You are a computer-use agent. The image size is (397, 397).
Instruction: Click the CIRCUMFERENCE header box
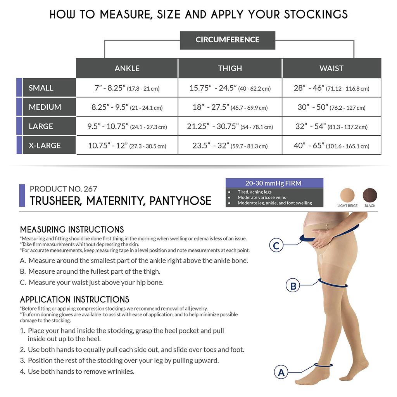(227, 40)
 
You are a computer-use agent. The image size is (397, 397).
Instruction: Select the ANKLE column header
(127, 68)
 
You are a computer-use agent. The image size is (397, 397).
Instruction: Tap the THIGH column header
(230, 68)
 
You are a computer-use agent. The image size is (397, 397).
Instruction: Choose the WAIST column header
(331, 68)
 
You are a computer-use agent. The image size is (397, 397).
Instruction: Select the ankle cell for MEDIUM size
(127, 107)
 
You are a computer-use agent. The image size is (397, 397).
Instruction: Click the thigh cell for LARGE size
(230, 126)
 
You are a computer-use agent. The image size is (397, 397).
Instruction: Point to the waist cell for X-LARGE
(331, 146)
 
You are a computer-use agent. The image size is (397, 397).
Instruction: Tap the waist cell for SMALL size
(331, 88)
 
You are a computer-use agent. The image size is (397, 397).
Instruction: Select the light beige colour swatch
(347, 195)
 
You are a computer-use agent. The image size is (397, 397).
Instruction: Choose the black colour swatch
(370, 195)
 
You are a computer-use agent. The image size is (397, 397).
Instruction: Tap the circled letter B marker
(293, 286)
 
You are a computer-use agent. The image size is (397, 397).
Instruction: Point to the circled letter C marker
(276, 245)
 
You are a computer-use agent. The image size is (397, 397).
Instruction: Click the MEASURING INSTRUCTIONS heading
(72, 230)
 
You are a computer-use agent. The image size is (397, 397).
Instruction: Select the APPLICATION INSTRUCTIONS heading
(74, 300)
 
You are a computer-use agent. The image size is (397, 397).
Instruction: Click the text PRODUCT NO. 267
(63, 189)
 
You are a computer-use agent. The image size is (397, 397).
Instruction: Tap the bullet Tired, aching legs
(254, 192)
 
